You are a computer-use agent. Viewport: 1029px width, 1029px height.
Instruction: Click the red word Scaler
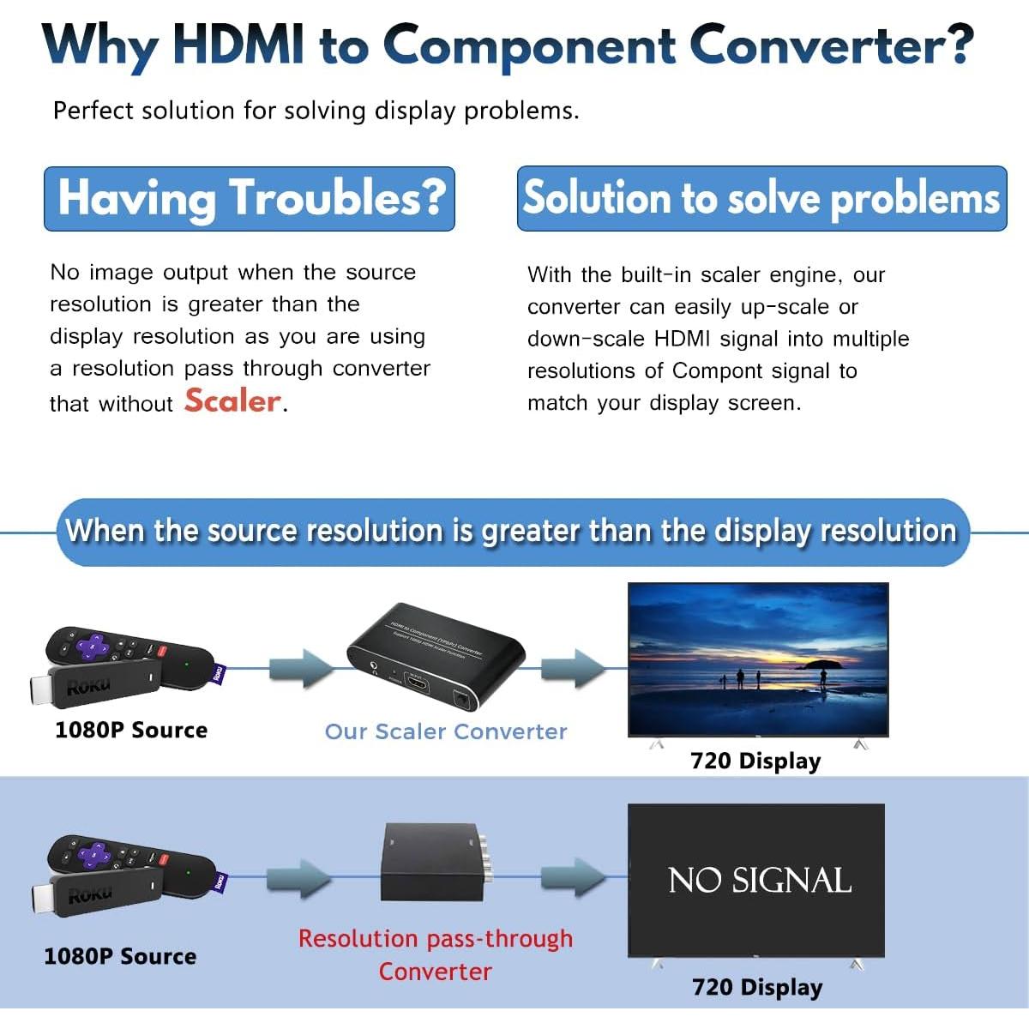click(232, 400)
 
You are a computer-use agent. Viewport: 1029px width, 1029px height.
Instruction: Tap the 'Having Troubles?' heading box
click(250, 198)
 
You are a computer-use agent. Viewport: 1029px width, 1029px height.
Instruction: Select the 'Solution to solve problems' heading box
click(761, 198)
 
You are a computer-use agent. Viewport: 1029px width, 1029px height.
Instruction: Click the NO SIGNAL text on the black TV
click(759, 881)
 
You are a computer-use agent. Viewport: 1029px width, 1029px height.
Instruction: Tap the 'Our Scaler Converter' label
click(446, 731)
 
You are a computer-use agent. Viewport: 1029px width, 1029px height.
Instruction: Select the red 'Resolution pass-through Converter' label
click(436, 954)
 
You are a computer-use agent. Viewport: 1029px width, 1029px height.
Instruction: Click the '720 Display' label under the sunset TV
click(755, 761)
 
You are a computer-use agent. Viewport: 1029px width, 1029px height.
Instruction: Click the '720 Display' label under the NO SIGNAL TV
click(757, 987)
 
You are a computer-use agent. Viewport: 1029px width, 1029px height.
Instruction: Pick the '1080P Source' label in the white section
click(131, 730)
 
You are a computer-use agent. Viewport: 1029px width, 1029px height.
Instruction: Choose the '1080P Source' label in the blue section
click(120, 956)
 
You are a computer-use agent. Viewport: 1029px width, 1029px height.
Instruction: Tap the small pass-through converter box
click(429, 862)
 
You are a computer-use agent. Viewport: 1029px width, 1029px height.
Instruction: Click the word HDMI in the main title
click(238, 45)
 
